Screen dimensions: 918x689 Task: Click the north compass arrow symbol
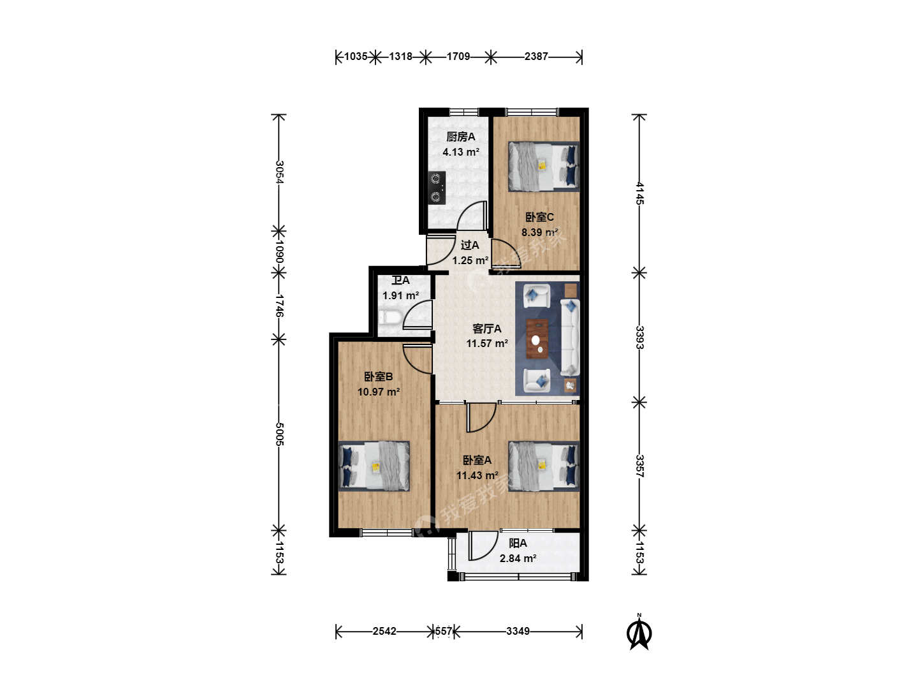[x=639, y=633]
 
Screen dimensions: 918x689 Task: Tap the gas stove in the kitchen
[x=437, y=188]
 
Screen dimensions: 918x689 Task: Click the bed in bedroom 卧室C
[x=544, y=167]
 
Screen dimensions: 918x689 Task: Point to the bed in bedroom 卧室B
[x=374, y=466]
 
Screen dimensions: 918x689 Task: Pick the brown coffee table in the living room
[x=537, y=339]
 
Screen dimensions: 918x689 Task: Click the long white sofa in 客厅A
[x=570, y=337]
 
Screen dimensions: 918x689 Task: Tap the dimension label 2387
[x=536, y=56]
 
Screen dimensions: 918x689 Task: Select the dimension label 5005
[x=279, y=434]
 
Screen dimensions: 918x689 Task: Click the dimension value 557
[x=443, y=631]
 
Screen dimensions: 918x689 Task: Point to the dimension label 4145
[x=639, y=193]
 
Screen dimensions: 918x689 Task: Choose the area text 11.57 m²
[x=487, y=343]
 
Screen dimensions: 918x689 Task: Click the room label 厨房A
[x=461, y=137]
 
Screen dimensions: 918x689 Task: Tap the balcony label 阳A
[x=518, y=544]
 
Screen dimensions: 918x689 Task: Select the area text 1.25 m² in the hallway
[x=470, y=261]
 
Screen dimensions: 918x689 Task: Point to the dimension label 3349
[x=518, y=631]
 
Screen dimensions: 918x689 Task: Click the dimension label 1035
[x=356, y=56]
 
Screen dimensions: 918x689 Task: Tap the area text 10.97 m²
[x=379, y=392]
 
